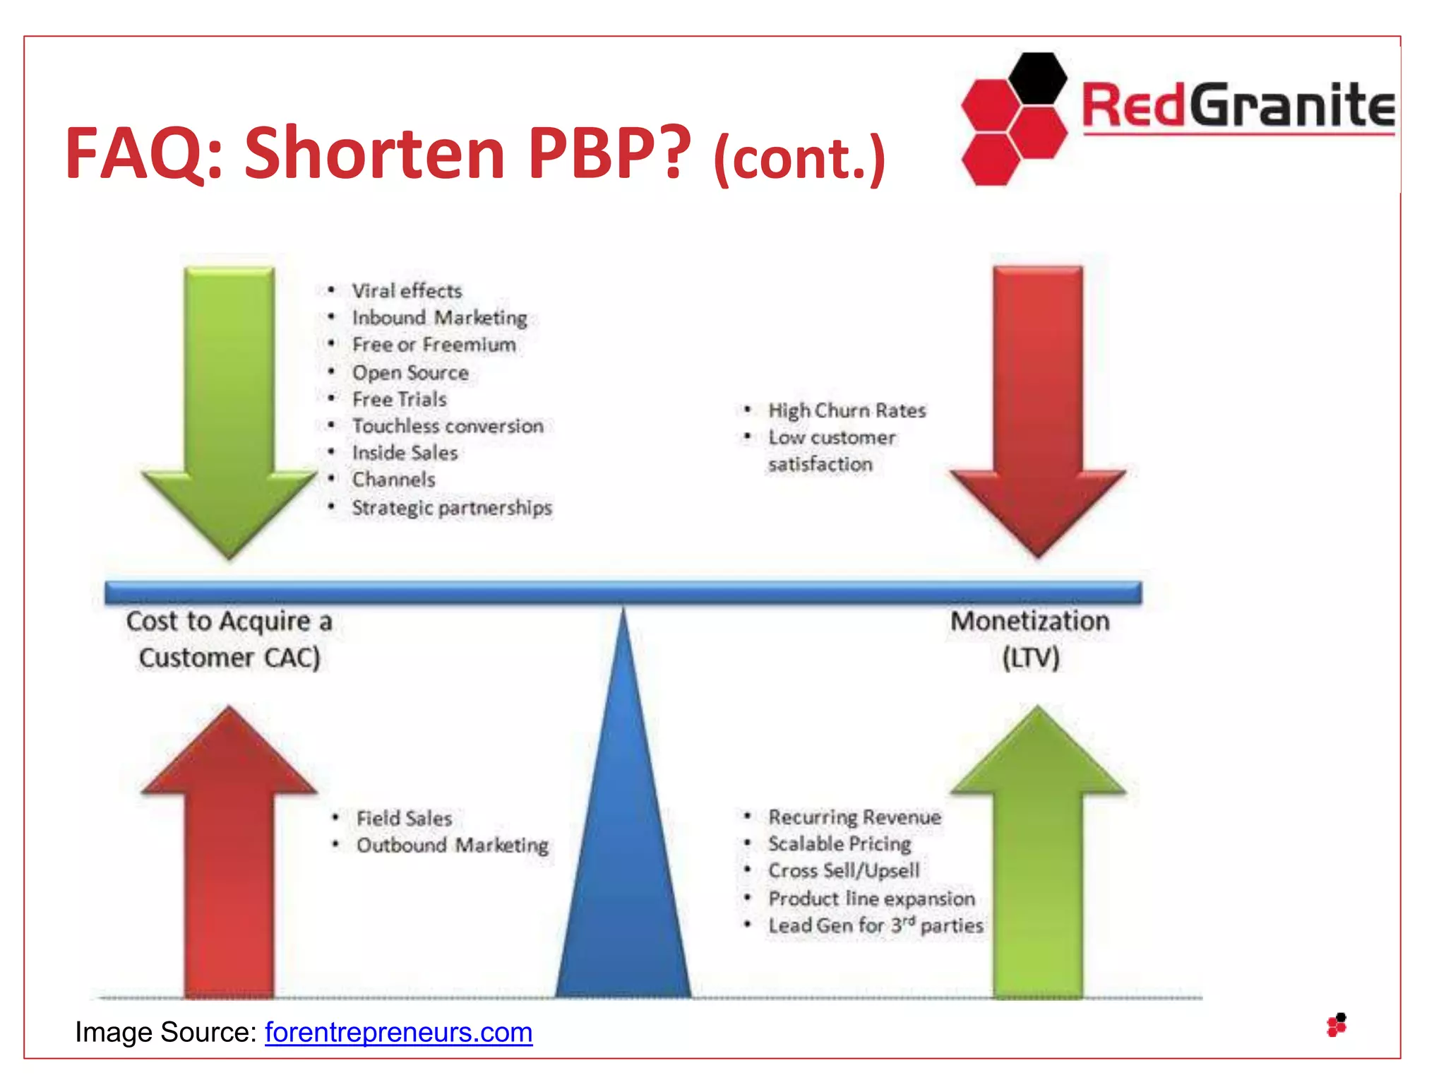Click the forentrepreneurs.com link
pos(398,1032)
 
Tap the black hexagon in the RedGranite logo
pos(1037,78)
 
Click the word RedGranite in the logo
pos(1237,106)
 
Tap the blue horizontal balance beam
pos(623,592)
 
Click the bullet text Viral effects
pos(407,290)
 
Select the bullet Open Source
pos(410,372)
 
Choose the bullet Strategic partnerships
pos(452,507)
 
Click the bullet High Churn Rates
pos(847,410)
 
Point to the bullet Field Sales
pos(404,818)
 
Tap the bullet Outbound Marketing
pos(452,845)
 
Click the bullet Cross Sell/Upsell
pos(844,870)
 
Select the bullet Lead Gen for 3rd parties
pos(876,925)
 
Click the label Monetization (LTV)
pos(1030,639)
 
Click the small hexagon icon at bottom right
pos(1337,1025)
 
